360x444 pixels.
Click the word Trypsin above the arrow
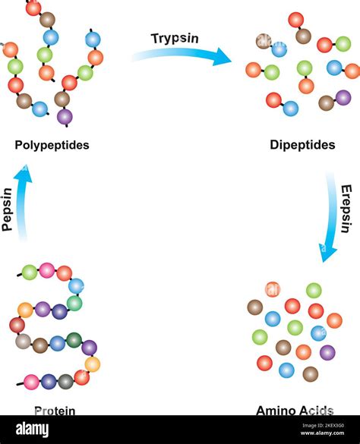175,39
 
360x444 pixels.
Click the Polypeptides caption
52,144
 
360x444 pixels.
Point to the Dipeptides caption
302,144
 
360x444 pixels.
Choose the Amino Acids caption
294,410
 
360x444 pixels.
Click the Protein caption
55,410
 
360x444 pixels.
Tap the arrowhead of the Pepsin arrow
24,174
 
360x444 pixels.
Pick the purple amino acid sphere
327,352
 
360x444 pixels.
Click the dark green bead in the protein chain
74,340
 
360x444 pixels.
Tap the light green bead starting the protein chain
30,272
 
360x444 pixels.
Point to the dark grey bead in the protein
65,381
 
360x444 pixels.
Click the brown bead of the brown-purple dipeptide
327,102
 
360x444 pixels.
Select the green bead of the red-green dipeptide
271,72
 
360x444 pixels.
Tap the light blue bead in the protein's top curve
76,286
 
